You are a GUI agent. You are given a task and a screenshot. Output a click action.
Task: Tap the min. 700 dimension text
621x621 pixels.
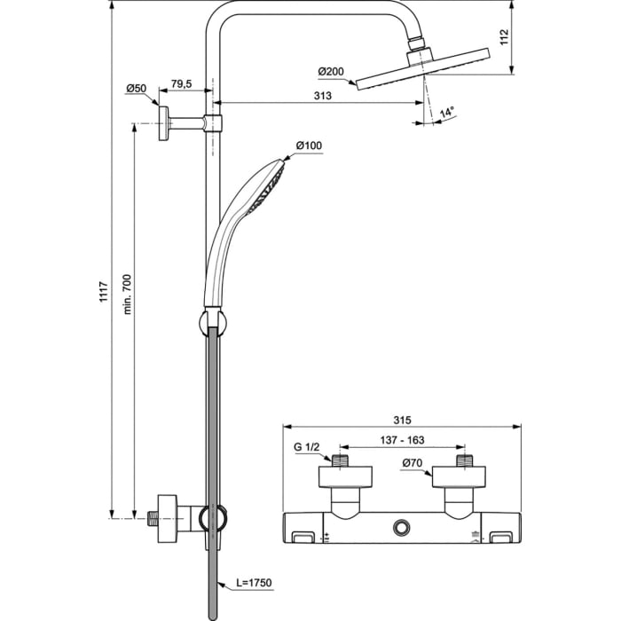point(127,293)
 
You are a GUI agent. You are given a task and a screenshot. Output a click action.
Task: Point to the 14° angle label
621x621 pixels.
point(447,112)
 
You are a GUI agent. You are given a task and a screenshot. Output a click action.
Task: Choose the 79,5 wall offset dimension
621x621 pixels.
point(181,83)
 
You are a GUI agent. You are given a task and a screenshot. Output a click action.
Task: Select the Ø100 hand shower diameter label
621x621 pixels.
point(309,145)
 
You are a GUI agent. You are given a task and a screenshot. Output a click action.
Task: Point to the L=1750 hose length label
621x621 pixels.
point(253,583)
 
